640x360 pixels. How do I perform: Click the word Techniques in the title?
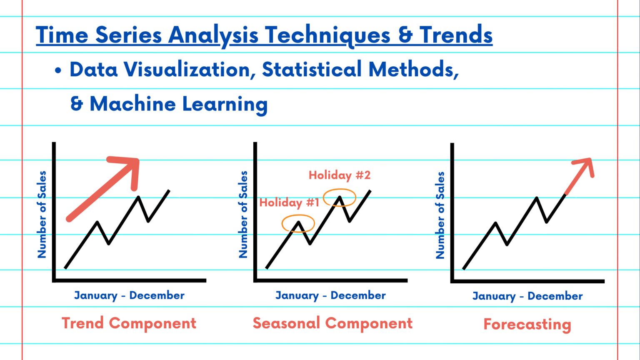point(327,35)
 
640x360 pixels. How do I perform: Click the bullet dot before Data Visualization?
point(58,71)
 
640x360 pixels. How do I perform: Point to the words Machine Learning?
point(179,104)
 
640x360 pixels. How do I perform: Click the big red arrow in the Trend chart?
point(104,187)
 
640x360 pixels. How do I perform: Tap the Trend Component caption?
point(129,323)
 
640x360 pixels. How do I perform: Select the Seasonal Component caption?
point(332,323)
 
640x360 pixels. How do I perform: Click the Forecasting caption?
point(527,324)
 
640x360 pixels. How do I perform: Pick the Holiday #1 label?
point(289,202)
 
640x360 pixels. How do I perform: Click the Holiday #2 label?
point(340,175)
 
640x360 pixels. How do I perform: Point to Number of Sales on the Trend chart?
point(42,215)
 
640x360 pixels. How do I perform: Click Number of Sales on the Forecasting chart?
point(440,215)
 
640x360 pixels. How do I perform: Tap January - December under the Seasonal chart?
point(330,295)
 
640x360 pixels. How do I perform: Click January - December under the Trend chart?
point(129,295)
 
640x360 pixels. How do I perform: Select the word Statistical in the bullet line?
point(312,70)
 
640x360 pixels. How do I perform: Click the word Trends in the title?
point(456,35)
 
